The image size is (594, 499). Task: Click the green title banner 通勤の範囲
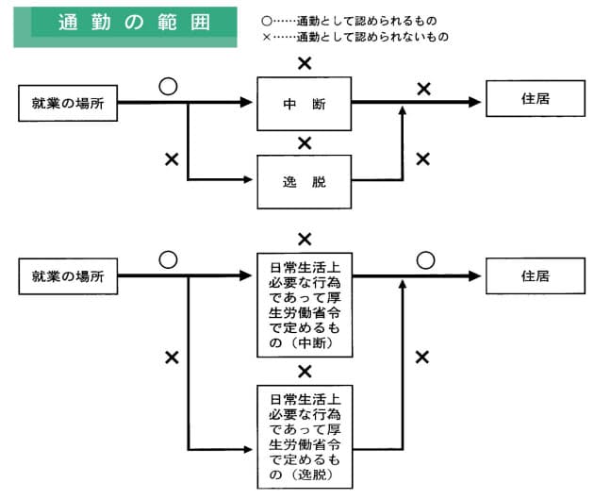[x=125, y=27]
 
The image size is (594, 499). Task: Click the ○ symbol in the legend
[x=267, y=21]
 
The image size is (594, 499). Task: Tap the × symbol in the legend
[x=267, y=37]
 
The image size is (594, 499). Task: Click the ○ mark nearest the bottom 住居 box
[x=425, y=260]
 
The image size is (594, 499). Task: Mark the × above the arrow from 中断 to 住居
[x=424, y=89]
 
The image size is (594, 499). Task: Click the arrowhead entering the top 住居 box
[x=474, y=102]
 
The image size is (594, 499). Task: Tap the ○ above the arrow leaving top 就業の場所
[x=168, y=87]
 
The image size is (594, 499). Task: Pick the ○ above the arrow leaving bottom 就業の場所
[x=168, y=260]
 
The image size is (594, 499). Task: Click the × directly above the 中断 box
[x=305, y=63]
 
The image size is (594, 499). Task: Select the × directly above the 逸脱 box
[x=305, y=143]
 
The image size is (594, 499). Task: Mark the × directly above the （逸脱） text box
[x=305, y=372]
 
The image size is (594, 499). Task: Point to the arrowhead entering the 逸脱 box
[x=248, y=179]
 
